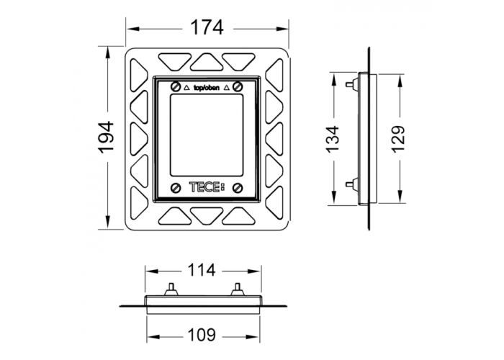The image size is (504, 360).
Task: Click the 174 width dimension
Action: [x=207, y=27]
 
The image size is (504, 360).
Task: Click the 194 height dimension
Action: [x=107, y=138]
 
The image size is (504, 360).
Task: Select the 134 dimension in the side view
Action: [x=333, y=139]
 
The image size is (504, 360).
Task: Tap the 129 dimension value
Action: [x=399, y=139]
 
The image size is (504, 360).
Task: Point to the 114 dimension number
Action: [x=202, y=270]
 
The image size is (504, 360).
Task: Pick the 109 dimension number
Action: [x=202, y=336]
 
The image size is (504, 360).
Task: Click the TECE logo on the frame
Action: [x=207, y=187]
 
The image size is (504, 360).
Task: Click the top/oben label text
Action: [x=207, y=87]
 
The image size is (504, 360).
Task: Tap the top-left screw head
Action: [x=175, y=86]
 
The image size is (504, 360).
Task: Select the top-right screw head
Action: [x=238, y=86]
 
